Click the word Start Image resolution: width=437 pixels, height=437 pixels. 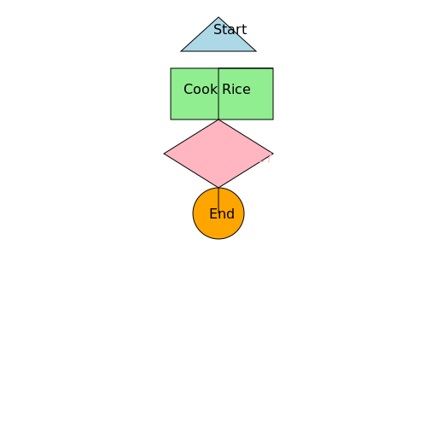point(230,30)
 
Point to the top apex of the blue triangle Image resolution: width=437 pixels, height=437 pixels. point(218,17)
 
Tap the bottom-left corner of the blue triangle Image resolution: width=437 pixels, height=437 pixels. point(181,51)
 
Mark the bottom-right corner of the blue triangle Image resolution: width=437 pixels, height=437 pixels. point(256,51)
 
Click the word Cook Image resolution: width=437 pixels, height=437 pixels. point(201,89)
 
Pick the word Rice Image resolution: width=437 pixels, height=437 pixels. point(236,89)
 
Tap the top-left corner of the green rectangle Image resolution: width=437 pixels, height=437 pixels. point(171,68)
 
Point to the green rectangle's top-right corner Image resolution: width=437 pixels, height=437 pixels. point(273,68)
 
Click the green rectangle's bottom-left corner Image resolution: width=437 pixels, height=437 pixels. point(171,119)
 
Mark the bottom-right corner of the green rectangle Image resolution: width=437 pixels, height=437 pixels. point(273,119)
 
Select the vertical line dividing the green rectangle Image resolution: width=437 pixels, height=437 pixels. point(218,94)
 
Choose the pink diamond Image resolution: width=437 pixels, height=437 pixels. point(218,154)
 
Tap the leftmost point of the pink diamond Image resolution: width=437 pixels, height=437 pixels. point(164,154)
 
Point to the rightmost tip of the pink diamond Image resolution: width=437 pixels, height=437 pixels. point(273,154)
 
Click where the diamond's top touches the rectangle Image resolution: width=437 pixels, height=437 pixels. point(218,119)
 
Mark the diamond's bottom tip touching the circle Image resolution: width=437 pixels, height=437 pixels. point(218,188)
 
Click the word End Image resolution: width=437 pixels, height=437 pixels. point(222,213)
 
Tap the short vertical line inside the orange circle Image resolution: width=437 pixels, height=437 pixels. point(218,199)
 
